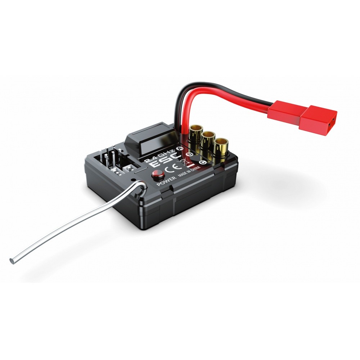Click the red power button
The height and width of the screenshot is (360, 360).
[158, 175]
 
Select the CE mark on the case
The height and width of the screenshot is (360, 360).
[171, 168]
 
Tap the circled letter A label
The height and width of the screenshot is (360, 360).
[180, 148]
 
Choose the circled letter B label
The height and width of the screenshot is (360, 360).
[190, 154]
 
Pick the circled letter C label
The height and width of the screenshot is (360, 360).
[202, 162]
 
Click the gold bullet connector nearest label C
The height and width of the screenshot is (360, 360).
[221, 147]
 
